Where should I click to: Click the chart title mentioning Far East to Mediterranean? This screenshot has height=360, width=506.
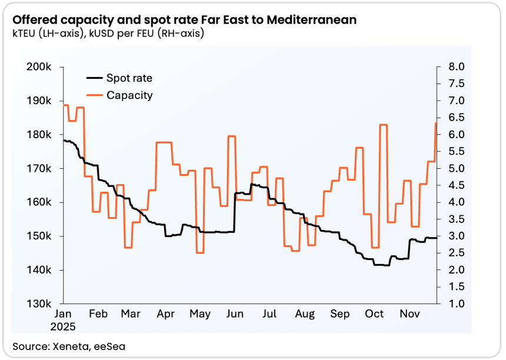pyautogui.click(x=184, y=20)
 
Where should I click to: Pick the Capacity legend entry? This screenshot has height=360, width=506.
pyautogui.click(x=129, y=95)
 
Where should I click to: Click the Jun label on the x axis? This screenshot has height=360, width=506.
pyautogui.click(x=235, y=315)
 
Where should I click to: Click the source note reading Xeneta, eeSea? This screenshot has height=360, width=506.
pyautogui.click(x=69, y=346)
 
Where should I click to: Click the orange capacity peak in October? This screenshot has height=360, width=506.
pyautogui.click(x=383, y=125)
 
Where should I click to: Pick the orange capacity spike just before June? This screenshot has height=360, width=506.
pyautogui.click(x=232, y=136)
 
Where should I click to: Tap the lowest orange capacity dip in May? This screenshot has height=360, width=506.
pyautogui.click(x=200, y=252)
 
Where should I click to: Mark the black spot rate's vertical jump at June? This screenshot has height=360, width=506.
pyautogui.click(x=235, y=212)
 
